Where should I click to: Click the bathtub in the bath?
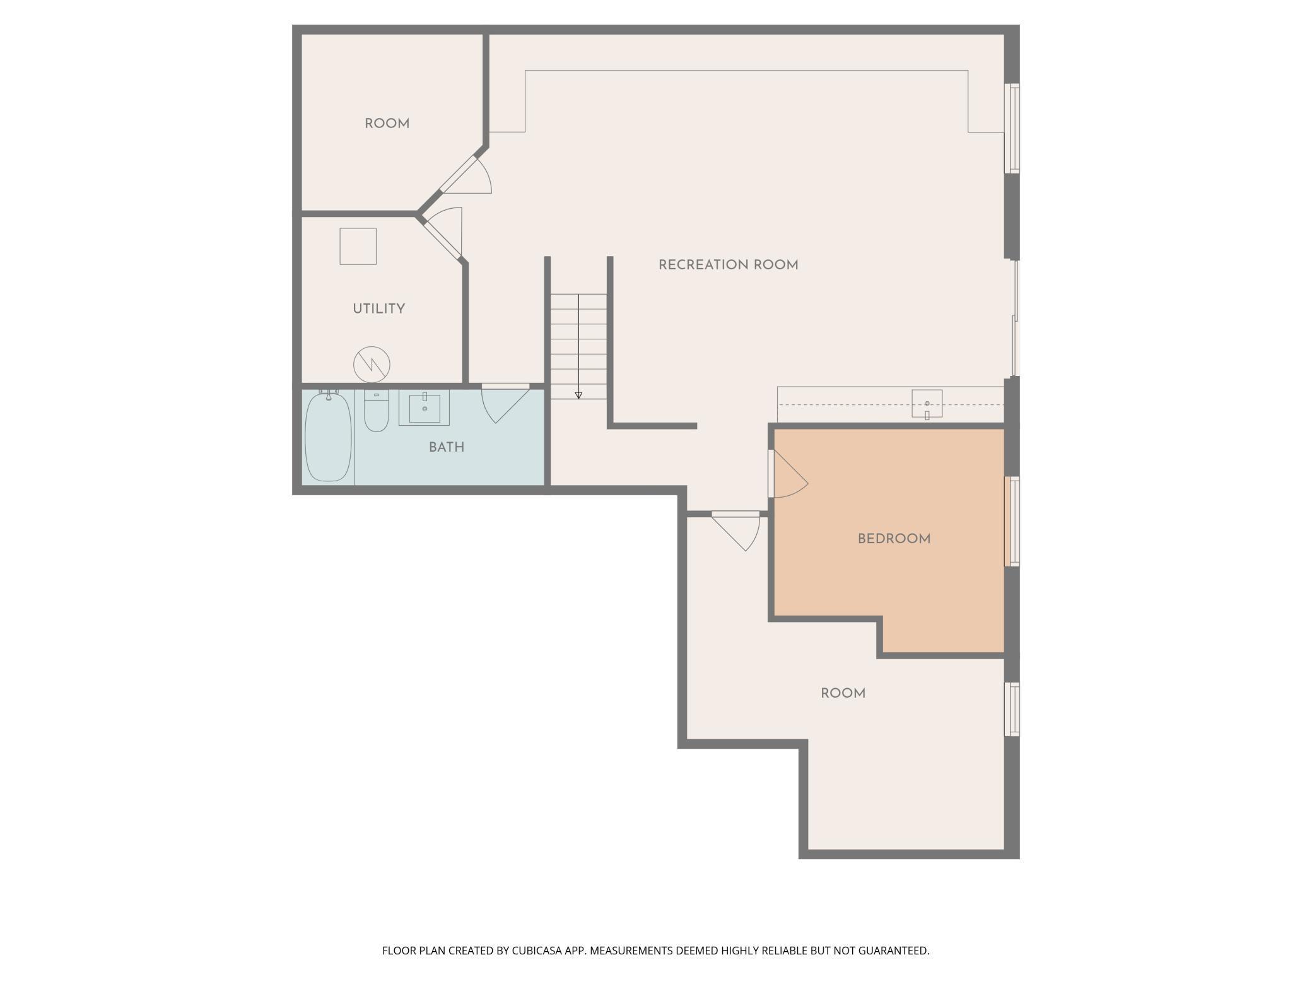click(x=328, y=436)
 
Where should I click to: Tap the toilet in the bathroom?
click(x=377, y=413)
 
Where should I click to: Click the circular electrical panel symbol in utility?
click(x=372, y=364)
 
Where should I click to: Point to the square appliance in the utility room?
click(x=358, y=246)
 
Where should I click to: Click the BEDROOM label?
click(x=894, y=539)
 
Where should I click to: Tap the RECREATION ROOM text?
click(x=728, y=265)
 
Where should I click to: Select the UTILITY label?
click(x=378, y=308)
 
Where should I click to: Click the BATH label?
click(x=447, y=447)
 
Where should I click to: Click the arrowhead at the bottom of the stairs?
click(x=578, y=395)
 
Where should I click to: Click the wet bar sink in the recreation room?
click(x=927, y=404)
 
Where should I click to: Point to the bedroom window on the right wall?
click(x=1012, y=521)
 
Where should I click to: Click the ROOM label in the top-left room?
click(x=387, y=124)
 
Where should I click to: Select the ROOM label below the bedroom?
click(x=843, y=693)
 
